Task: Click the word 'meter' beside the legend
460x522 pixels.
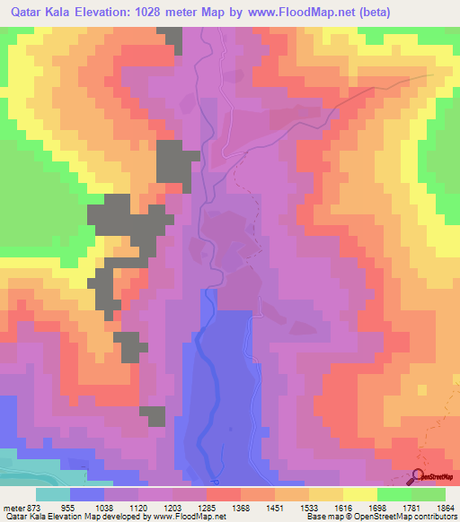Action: point(12,507)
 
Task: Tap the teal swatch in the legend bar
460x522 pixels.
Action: point(53,494)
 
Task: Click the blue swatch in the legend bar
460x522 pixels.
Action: point(87,494)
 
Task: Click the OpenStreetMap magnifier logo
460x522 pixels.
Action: point(418,477)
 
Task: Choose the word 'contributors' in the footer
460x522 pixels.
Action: point(432,517)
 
